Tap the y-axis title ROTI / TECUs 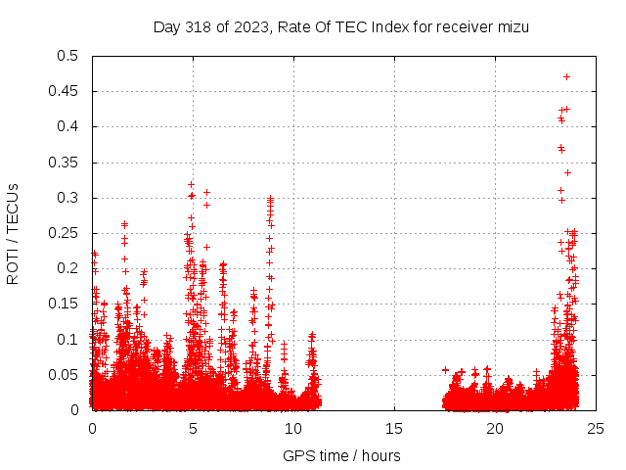pyautogui.click(x=14, y=233)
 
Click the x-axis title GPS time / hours pyautogui.click(x=341, y=455)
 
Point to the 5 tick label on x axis pyautogui.click(x=194, y=429)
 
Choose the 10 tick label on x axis pyautogui.click(x=294, y=429)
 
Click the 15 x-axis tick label pyautogui.click(x=395, y=429)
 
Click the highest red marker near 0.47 pyautogui.click(x=566, y=76)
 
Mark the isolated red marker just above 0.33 pyautogui.click(x=567, y=172)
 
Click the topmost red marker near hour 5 pyautogui.click(x=191, y=184)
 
